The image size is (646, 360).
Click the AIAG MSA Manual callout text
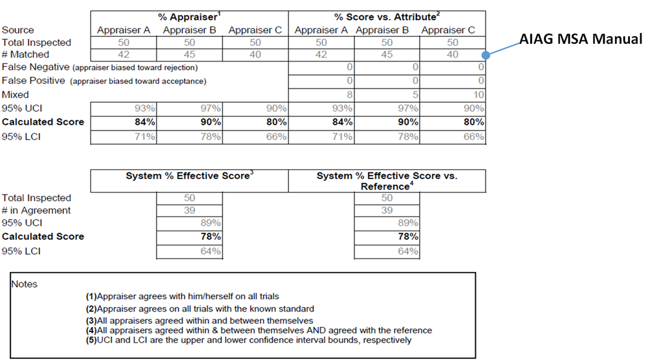[581, 39]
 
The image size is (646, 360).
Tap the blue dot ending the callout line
[486, 56]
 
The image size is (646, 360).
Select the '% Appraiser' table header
[189, 16]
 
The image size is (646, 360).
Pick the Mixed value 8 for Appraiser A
[349, 94]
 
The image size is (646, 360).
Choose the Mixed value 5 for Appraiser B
[415, 94]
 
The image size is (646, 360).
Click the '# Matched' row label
[25, 55]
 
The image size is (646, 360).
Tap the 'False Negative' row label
[34, 67]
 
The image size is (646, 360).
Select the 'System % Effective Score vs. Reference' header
[387, 180]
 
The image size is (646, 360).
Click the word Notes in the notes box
[25, 284]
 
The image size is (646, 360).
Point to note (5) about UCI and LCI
[248, 340]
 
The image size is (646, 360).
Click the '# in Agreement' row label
[36, 210]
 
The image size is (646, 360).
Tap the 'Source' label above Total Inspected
[18, 30]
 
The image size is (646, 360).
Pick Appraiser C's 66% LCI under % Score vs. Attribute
[474, 136]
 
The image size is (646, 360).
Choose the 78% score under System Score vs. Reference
[407, 237]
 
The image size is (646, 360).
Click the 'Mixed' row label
[16, 94]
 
